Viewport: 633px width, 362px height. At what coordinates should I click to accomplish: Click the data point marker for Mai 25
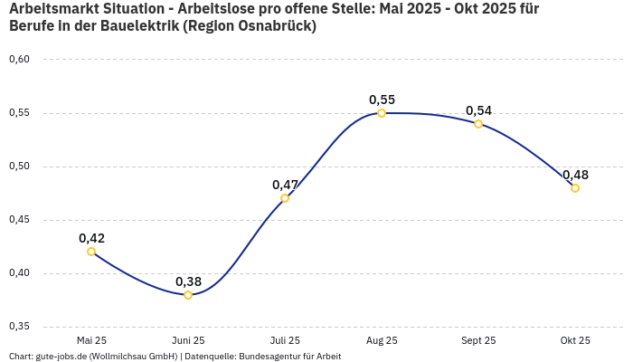point(91,252)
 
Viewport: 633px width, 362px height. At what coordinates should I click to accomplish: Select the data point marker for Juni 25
point(188,295)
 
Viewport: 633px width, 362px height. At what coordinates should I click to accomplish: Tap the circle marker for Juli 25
point(285,198)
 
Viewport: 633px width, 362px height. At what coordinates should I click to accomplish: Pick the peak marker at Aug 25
point(382,113)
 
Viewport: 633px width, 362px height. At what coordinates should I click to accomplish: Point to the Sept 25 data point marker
point(478,124)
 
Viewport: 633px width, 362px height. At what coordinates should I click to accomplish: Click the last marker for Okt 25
point(575,188)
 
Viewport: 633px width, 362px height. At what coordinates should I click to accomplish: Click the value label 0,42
point(91,238)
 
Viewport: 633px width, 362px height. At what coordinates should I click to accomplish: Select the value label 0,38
point(188,281)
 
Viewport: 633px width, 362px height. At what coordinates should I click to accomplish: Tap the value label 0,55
point(382,100)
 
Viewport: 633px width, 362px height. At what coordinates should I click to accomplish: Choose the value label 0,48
point(575,175)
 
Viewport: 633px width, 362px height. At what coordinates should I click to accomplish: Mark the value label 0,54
point(478,110)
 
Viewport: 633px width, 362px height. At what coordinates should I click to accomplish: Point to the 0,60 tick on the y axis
point(19,60)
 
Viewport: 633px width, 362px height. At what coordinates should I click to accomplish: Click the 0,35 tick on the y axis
point(19,326)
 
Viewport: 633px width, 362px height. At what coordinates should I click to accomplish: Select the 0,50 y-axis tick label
point(19,167)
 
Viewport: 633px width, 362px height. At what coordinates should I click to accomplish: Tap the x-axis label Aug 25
point(382,340)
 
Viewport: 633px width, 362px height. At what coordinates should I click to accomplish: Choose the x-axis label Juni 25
point(188,340)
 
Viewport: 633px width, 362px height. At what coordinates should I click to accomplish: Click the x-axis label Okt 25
point(575,340)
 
